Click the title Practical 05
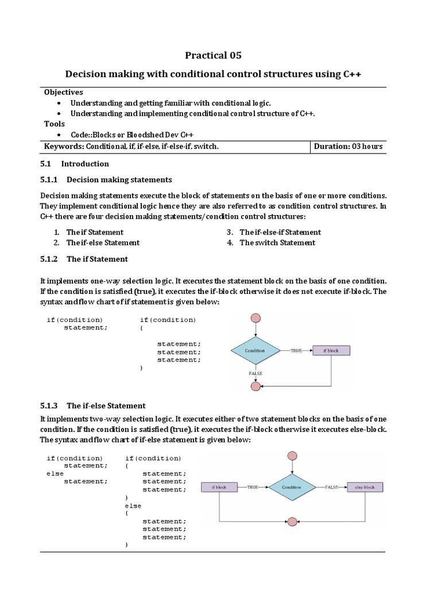(212, 55)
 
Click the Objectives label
(64, 92)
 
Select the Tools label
(55, 124)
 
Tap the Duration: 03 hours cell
(348, 147)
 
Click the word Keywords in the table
(64, 147)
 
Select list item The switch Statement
(277, 243)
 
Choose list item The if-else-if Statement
(280, 232)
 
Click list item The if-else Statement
(103, 243)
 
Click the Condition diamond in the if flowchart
(255, 350)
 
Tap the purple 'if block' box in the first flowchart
(331, 350)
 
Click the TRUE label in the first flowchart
(296, 350)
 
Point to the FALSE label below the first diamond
(256, 373)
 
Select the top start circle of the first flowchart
(256, 318)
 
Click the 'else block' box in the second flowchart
(365, 487)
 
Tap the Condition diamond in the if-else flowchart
(292, 487)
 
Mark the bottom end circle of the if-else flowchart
(292, 521)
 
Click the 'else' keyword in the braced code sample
(133, 506)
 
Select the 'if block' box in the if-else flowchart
(219, 487)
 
